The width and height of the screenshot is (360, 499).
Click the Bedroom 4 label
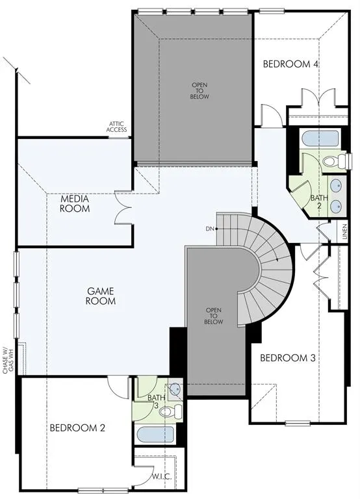pyautogui.click(x=290, y=64)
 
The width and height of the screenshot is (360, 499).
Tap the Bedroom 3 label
pyautogui.click(x=288, y=358)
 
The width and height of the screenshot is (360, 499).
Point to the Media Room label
pyautogui.click(x=75, y=204)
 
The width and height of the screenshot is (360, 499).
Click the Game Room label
pyautogui.click(x=100, y=296)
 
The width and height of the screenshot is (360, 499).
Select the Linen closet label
pyautogui.click(x=344, y=231)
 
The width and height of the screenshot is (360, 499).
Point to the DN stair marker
pyautogui.click(x=209, y=229)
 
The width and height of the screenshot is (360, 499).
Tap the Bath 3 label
pyautogui.click(x=154, y=401)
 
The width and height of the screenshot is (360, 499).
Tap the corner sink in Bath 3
pyautogui.click(x=175, y=389)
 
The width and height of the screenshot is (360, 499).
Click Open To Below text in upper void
pyautogui.click(x=199, y=90)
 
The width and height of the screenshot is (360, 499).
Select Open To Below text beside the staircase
pyautogui.click(x=214, y=316)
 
